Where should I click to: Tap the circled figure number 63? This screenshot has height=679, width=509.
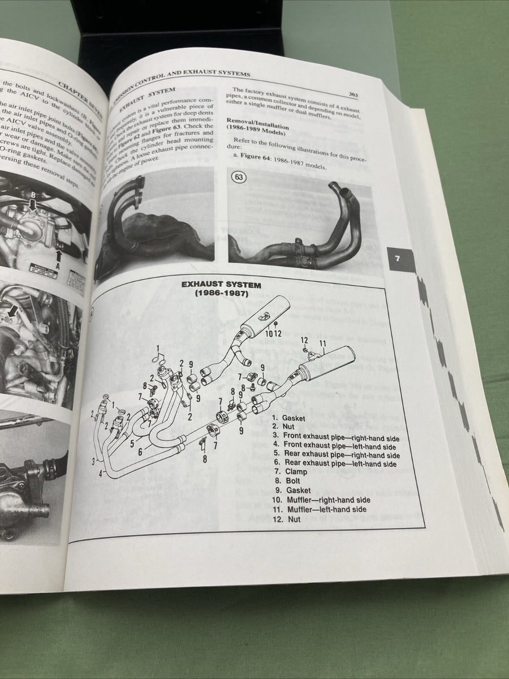[x=239, y=177]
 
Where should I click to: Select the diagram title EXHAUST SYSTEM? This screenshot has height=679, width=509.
[x=221, y=285]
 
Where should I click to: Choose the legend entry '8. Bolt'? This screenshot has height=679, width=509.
[x=287, y=481]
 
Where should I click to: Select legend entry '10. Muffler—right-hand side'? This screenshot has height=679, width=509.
[x=321, y=500]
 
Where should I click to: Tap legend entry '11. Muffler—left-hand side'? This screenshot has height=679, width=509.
[x=318, y=509]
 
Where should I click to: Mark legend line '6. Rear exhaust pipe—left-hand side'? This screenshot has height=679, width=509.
[x=335, y=463]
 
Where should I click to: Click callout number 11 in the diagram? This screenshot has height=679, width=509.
[x=323, y=343]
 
